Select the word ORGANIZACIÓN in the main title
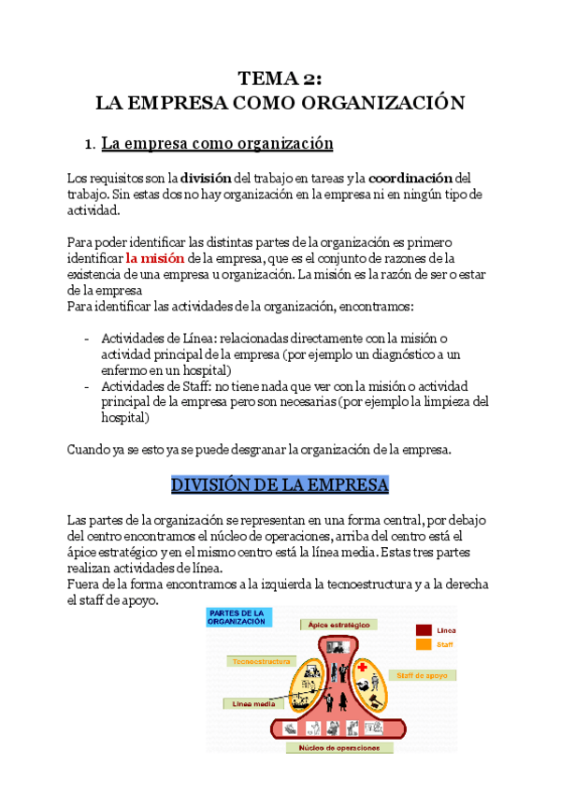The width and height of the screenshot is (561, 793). click(x=391, y=103)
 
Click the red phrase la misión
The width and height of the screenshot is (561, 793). click(x=155, y=257)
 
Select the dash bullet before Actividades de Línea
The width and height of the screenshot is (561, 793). click(x=87, y=338)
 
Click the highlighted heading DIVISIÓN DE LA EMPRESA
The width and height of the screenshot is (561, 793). click(x=280, y=485)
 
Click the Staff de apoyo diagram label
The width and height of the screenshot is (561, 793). click(x=424, y=674)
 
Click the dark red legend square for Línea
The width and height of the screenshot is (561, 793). click(x=424, y=630)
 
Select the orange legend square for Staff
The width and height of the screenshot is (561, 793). click(x=424, y=643)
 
